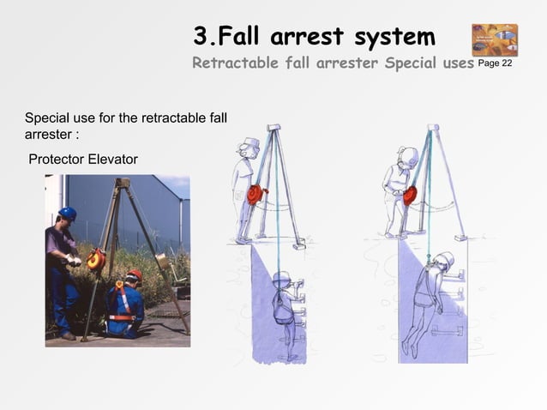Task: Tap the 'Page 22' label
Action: click(495, 64)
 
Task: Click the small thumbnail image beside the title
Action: click(494, 39)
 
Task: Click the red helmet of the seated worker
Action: click(135, 274)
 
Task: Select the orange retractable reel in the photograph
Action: click(96, 258)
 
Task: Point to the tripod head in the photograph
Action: click(122, 183)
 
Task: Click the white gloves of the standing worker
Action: click(74, 258)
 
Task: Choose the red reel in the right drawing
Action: click(410, 195)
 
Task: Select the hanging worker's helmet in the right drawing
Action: click(443, 260)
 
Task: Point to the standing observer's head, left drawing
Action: click(248, 148)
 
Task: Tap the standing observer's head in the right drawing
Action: click(406, 158)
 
